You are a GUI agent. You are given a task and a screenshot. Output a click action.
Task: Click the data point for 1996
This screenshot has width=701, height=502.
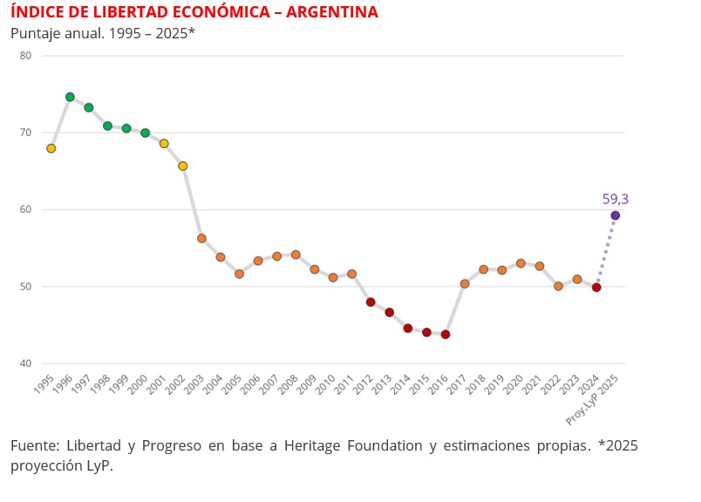coord(70,97)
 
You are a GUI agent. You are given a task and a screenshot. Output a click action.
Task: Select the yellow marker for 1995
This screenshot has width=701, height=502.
coord(51,148)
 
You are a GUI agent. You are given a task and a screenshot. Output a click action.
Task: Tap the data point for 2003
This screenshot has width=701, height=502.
coord(201,238)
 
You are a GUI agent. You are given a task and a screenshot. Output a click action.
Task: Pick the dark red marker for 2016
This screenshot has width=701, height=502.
coord(446,334)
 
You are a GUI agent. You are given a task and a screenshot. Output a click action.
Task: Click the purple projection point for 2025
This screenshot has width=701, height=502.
coord(616,215)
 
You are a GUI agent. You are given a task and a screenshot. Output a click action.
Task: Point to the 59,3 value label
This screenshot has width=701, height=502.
coord(615,200)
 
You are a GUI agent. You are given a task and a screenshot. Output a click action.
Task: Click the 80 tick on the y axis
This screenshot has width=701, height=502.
coord(25,56)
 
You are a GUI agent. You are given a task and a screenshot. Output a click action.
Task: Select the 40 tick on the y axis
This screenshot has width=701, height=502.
coord(25,363)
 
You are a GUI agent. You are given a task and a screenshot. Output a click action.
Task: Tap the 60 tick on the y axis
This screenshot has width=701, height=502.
coord(25,210)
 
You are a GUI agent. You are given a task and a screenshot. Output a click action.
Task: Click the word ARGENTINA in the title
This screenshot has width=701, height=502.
coord(323,12)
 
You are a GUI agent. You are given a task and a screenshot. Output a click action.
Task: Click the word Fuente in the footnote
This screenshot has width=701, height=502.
coord(35,445)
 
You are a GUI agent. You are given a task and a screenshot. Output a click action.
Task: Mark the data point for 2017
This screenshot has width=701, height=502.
coord(465,283)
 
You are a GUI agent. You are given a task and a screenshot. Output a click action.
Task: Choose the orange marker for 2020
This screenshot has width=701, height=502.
coord(521,263)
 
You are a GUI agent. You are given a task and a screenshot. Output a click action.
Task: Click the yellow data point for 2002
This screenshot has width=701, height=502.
coord(183,166)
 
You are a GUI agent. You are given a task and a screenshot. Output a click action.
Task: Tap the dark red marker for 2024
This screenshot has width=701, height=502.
coord(596,287)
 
